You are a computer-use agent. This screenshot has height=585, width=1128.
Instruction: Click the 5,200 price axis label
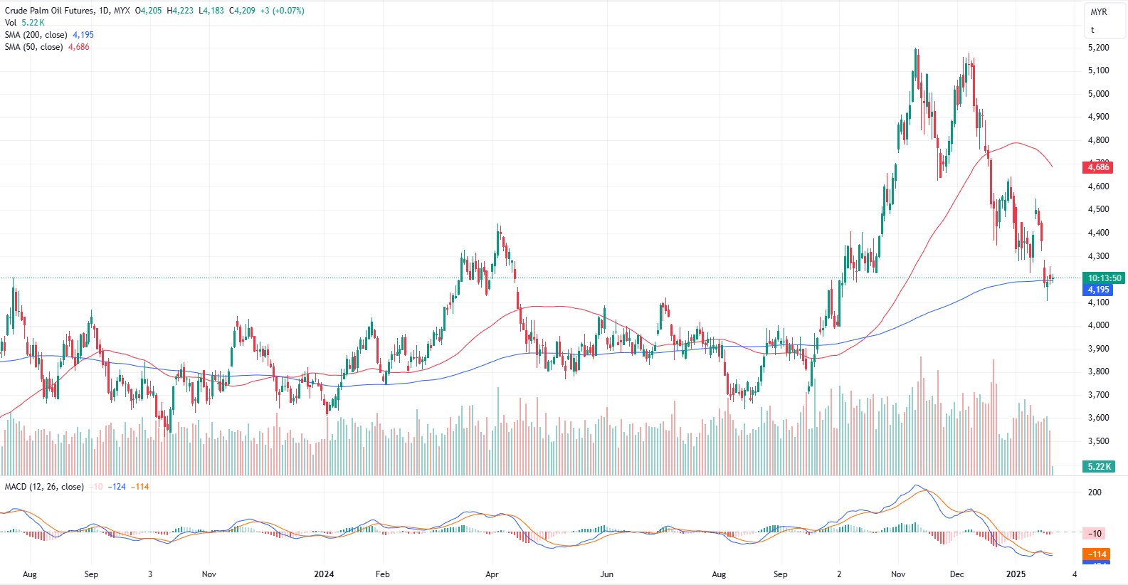pyautogui.click(x=1098, y=48)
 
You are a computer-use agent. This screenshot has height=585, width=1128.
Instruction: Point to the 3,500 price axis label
pyautogui.click(x=1098, y=441)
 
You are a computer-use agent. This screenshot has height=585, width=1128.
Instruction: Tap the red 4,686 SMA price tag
pyautogui.click(x=1098, y=167)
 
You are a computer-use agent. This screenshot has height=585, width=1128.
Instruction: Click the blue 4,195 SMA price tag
pyautogui.click(x=1098, y=290)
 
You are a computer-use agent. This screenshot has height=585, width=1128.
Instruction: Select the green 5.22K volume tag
pyautogui.click(x=1099, y=467)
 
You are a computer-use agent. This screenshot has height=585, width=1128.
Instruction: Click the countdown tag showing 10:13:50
pyautogui.click(x=1104, y=278)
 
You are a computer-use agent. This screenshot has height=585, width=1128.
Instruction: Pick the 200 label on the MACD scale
pyautogui.click(x=1095, y=492)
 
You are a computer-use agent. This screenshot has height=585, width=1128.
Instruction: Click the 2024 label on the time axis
pyautogui.click(x=324, y=574)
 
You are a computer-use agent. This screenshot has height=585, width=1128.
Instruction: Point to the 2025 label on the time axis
pyautogui.click(x=1016, y=574)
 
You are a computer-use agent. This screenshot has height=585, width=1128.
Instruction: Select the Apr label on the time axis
pyautogui.click(x=492, y=574)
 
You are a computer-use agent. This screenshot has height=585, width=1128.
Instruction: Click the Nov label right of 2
pyautogui.click(x=898, y=574)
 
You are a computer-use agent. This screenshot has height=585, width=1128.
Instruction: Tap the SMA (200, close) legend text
pyautogui.click(x=36, y=35)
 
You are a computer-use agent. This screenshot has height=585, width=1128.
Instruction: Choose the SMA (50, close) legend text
pyautogui.click(x=33, y=47)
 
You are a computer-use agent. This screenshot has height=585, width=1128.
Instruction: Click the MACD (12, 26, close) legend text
pyautogui.click(x=44, y=487)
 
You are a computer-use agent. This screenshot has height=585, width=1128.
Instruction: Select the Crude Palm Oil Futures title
pyautogui.click(x=49, y=11)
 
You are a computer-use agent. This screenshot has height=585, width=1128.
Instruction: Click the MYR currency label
pyautogui.click(x=1099, y=12)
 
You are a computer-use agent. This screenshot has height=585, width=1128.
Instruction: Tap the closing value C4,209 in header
pyautogui.click(x=242, y=11)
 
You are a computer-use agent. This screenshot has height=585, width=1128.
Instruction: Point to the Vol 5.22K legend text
pyautogui.click(x=25, y=23)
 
